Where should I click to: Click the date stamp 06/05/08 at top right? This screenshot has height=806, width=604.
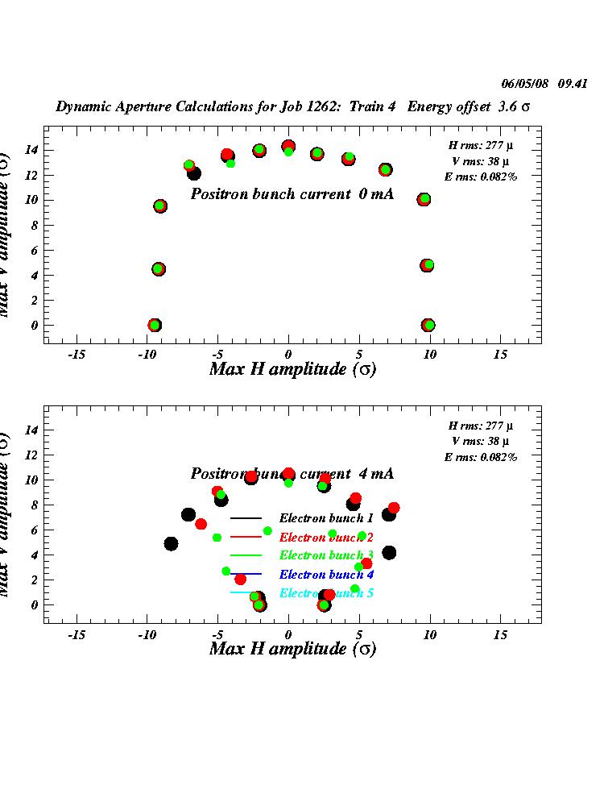525,83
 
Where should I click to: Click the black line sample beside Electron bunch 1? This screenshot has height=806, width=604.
246,518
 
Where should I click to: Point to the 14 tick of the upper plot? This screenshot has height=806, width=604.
31,150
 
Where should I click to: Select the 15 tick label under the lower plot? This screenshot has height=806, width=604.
501,634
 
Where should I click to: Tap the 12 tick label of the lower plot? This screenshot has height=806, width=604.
31,455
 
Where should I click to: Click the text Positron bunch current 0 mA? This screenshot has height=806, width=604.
292,194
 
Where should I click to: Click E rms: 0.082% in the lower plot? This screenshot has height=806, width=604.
481,457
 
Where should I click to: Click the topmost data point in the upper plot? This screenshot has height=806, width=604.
288,147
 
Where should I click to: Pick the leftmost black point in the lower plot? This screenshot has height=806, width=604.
171,544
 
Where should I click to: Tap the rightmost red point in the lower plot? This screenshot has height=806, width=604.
394,508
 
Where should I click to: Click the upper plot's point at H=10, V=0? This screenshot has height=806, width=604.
428,325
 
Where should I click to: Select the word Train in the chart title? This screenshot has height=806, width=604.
378,106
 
